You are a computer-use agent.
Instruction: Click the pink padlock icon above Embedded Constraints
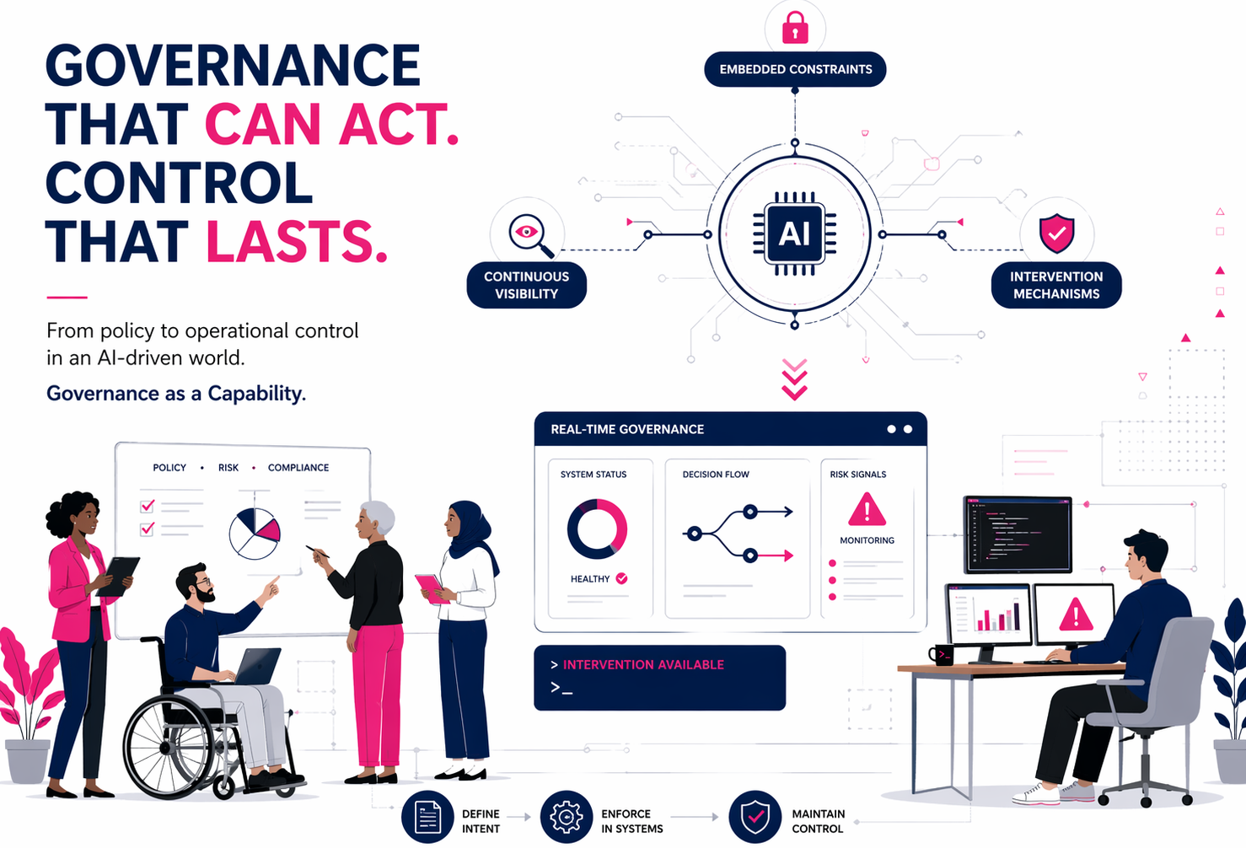coord(795,28)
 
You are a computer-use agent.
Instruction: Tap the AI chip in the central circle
coord(794,233)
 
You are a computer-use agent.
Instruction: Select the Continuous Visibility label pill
coord(526,285)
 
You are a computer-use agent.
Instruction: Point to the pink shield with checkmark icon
coord(1057,233)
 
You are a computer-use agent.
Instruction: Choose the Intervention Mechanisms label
coord(1056,285)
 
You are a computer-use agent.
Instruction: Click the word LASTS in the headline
coord(297,241)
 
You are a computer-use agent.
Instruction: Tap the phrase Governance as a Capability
coord(176,394)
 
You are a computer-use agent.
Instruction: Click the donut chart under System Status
coord(597,529)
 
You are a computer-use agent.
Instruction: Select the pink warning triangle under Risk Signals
coord(867,509)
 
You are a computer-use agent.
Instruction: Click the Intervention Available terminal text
coord(643,664)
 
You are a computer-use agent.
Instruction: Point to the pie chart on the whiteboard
coord(255,534)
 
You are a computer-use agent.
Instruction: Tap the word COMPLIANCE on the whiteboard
coord(298,468)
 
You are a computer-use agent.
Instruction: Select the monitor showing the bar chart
coord(987,615)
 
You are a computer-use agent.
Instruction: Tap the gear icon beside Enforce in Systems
coord(567,817)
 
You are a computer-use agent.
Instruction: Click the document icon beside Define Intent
coord(427,817)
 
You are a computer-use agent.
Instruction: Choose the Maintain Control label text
coord(818,821)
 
